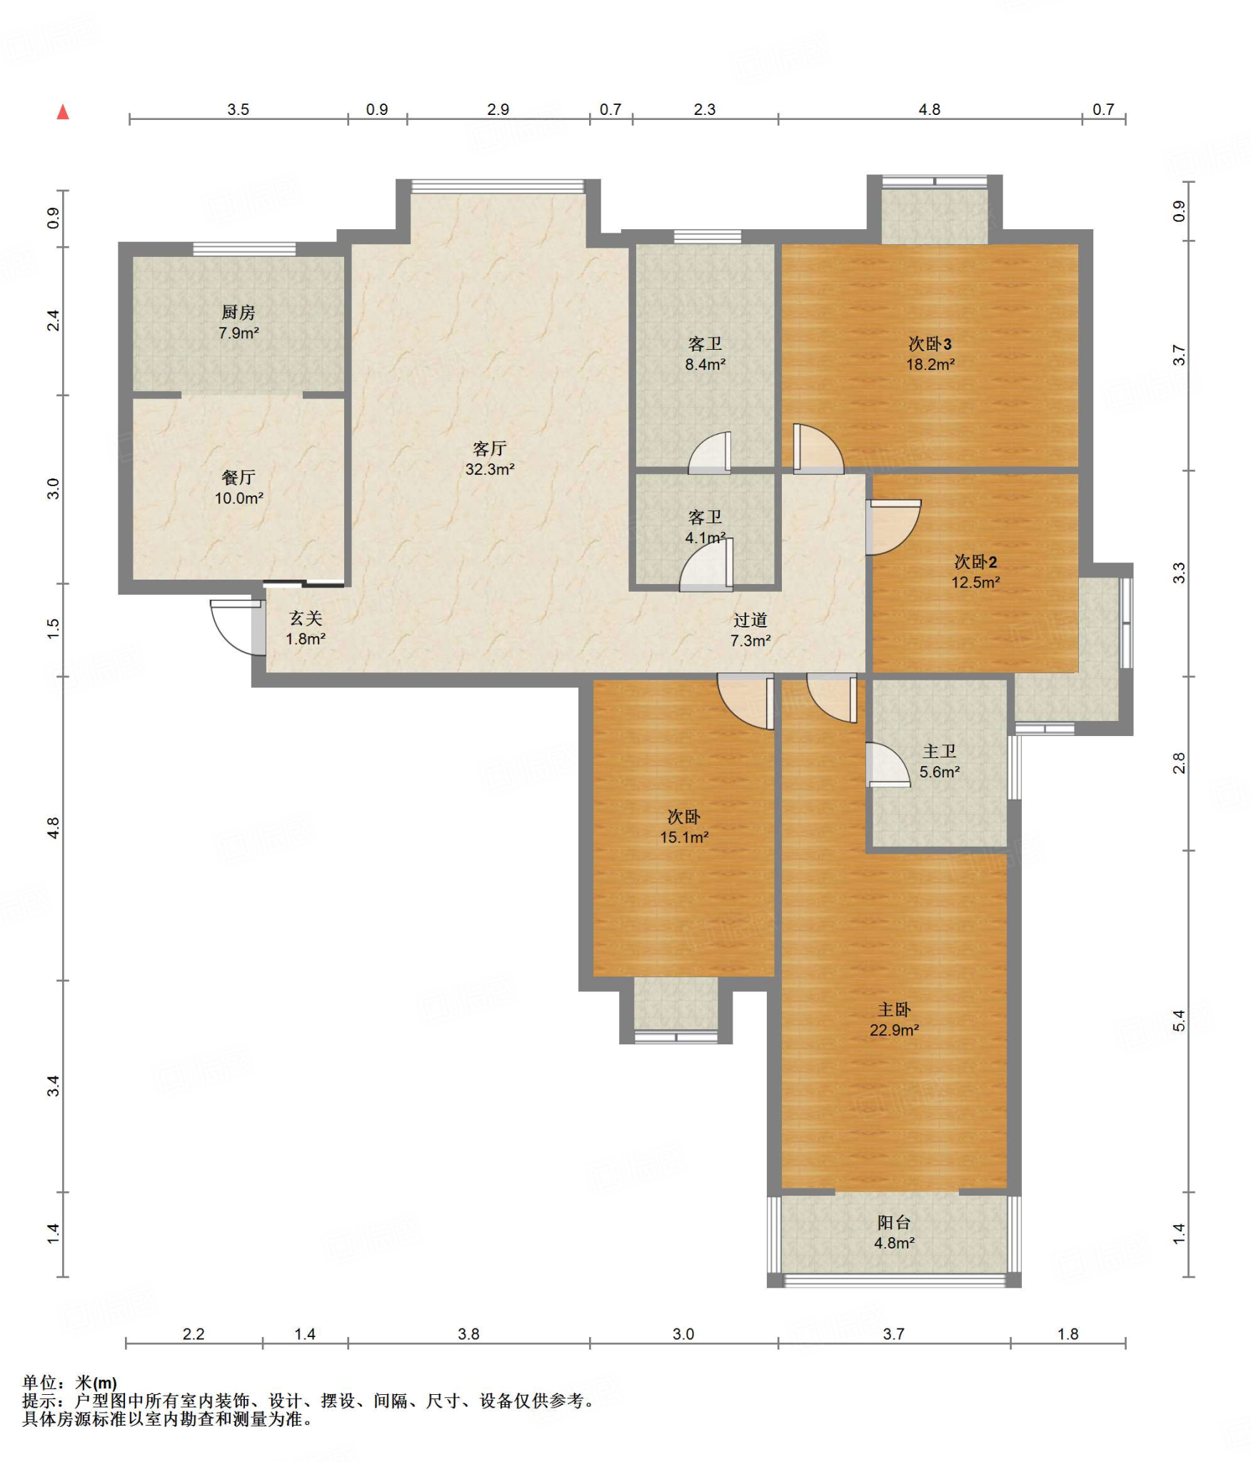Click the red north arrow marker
pos(63,112)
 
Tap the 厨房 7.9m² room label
pos(238,322)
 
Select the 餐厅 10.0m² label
pos(238,488)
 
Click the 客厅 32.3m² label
pos(490,458)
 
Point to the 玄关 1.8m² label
pos(306,628)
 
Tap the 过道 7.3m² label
pos(750,630)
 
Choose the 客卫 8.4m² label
pos(705,353)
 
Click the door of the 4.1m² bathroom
pos(706,565)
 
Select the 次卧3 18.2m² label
pos(930,353)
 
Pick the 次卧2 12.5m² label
pos(975,571)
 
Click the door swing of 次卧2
pos(893,528)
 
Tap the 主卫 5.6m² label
pos(939,761)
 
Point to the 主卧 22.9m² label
pos(894,1019)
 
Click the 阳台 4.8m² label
pos(894,1232)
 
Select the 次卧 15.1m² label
pos(684,827)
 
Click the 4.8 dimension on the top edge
pos(929,109)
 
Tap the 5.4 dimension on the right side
pos(1179,1021)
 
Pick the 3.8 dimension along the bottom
pos(468,1334)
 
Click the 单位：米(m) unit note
pos(70,1383)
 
